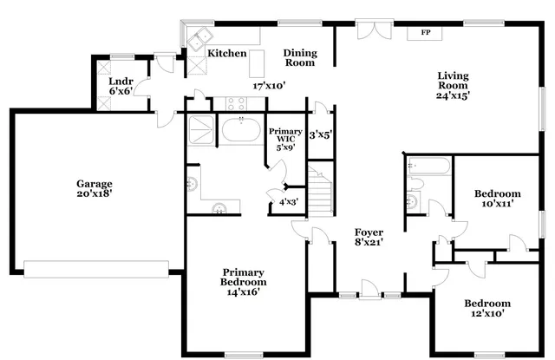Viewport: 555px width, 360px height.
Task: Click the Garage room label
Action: coord(95,185)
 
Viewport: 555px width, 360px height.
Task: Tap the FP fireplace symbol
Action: coord(426,33)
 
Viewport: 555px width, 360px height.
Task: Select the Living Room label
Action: coord(454,81)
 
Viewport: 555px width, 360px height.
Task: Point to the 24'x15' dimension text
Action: coord(454,96)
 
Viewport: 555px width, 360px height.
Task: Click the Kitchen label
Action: coord(226,54)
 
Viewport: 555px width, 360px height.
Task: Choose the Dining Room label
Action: coord(300,58)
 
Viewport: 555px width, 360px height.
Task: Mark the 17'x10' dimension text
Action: coord(269,86)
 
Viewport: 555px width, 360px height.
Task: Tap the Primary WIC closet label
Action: coord(284,136)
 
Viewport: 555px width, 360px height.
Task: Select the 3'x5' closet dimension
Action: coord(321,135)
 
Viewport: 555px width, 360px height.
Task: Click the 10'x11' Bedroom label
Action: coord(497,198)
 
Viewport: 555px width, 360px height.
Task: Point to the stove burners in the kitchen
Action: coord(237,102)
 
